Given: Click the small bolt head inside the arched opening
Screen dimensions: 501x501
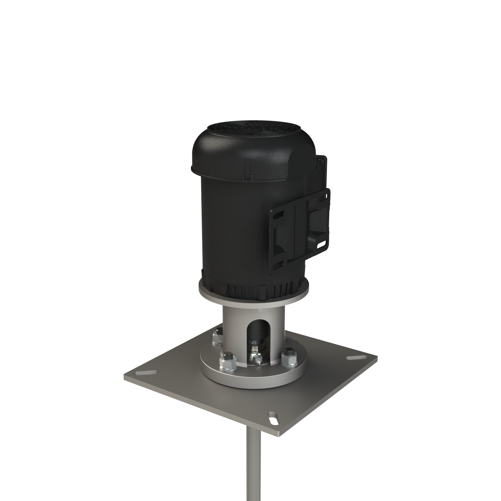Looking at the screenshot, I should tap(258, 359).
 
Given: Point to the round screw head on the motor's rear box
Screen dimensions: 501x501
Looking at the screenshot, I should tap(321, 161).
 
